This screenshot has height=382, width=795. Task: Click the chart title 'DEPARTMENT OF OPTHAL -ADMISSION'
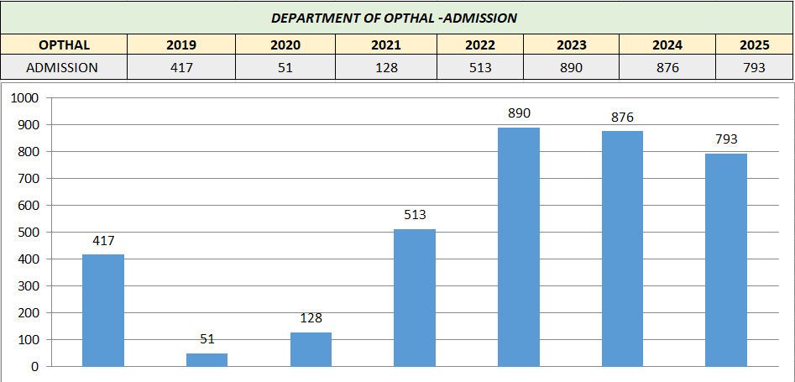pyautogui.click(x=394, y=17)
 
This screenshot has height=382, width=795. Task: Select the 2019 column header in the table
pyautogui.click(x=180, y=45)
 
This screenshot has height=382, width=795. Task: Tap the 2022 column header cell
pyautogui.click(x=480, y=45)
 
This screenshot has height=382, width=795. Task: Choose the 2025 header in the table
pyautogui.click(x=754, y=45)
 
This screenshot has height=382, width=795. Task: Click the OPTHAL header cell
pyautogui.click(x=64, y=45)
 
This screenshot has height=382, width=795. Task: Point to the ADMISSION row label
pyautogui.click(x=64, y=68)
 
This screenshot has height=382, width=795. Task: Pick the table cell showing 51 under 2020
pyautogui.click(x=285, y=68)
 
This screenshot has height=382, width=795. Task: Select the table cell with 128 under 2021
pyautogui.click(x=387, y=68)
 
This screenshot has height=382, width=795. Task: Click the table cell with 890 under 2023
pyautogui.click(x=571, y=68)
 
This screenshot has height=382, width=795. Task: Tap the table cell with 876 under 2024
pyautogui.click(x=667, y=68)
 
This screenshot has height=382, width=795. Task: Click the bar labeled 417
pyautogui.click(x=103, y=310)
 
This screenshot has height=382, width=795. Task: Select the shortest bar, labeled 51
pyautogui.click(x=207, y=359)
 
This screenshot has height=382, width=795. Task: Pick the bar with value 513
pyautogui.click(x=415, y=297)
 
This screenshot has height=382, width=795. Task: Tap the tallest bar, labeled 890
pyautogui.click(x=519, y=247)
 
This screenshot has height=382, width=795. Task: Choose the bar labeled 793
pyautogui.click(x=726, y=259)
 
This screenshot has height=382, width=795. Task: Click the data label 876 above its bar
pyautogui.click(x=622, y=117)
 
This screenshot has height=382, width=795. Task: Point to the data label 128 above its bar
pyautogui.click(x=311, y=318)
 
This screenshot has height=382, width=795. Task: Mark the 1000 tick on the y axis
pyautogui.click(x=24, y=97)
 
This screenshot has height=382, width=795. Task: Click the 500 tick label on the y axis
pyautogui.click(x=28, y=232)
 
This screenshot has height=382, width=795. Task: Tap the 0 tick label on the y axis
pyautogui.click(x=35, y=367)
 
